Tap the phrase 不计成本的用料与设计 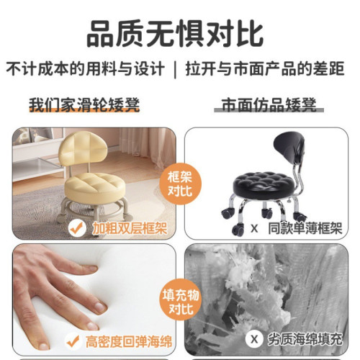tap(84, 71)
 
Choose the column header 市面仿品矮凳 tap(266, 106)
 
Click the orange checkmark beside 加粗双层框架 tap(77, 228)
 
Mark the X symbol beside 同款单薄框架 tap(253, 228)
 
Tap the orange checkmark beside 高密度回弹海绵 tap(71, 341)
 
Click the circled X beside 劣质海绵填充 tap(254, 339)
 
